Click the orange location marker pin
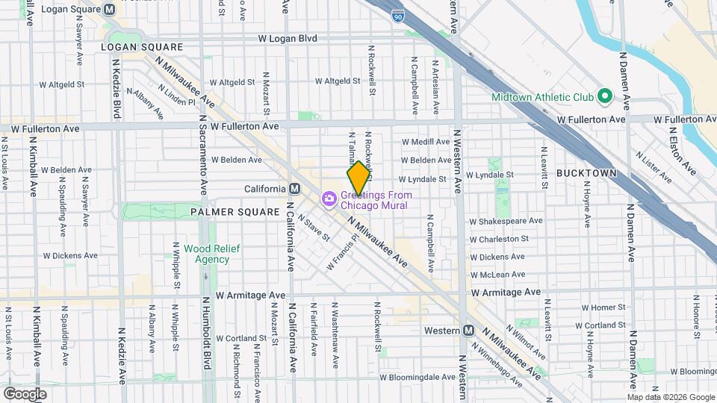(x=358, y=178)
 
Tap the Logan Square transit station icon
(x=110, y=10)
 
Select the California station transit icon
(x=295, y=188)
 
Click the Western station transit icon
(x=468, y=330)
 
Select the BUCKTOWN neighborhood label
(x=586, y=173)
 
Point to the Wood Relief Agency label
(x=202, y=254)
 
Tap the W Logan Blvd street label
(x=288, y=38)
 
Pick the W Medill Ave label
(x=426, y=141)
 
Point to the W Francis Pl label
(x=343, y=254)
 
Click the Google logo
(x=25, y=393)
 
